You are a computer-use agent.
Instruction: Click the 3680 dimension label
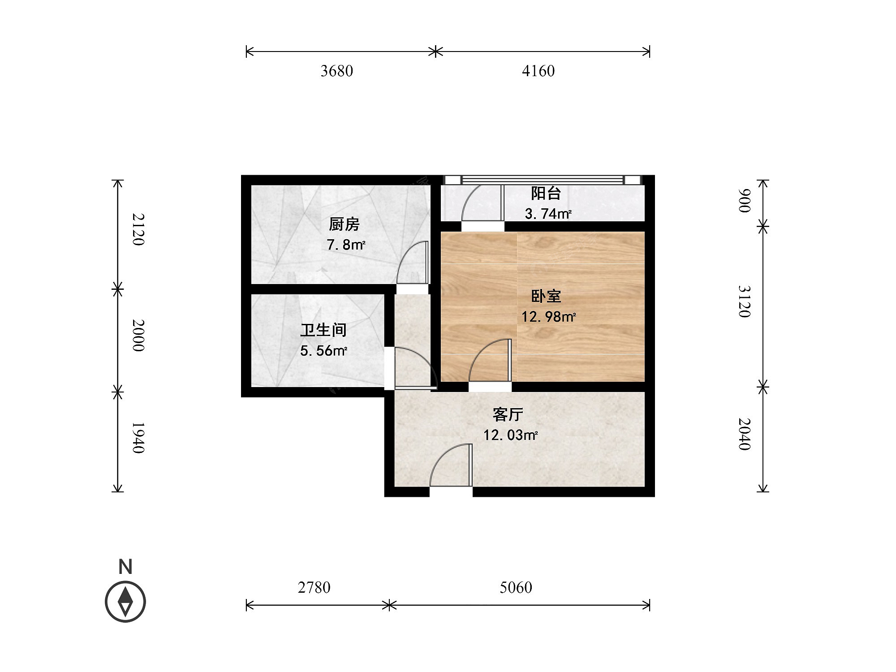[x=336, y=71]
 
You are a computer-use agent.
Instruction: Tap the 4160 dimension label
[x=538, y=71]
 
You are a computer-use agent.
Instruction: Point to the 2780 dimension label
[x=314, y=587]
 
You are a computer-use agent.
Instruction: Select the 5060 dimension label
[x=516, y=587]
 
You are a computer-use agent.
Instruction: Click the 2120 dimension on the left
[x=138, y=229]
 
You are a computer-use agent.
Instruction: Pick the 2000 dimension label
[x=138, y=336]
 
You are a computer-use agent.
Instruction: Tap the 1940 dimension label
[x=138, y=438]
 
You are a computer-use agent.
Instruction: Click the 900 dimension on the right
[x=744, y=200]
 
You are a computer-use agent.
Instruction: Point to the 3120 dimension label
[x=744, y=302]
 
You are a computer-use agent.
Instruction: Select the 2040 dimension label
[x=744, y=434]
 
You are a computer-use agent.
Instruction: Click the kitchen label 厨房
[x=344, y=224]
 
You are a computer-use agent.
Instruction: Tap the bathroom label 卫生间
[x=323, y=330]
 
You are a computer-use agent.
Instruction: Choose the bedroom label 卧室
[x=546, y=296]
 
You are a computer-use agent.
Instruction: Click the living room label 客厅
[x=508, y=414]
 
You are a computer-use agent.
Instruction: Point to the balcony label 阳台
[x=546, y=193]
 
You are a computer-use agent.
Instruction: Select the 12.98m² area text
[x=548, y=317]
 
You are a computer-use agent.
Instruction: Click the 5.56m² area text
[x=323, y=351]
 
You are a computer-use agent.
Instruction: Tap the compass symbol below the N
[x=125, y=602]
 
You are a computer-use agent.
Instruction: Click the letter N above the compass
[x=125, y=567]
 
